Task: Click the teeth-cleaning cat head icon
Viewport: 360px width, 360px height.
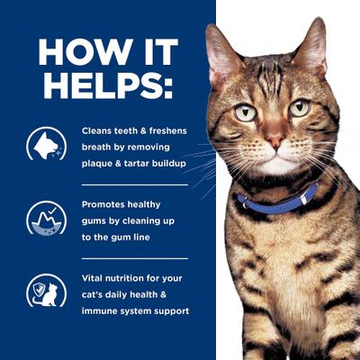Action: pos(43,144)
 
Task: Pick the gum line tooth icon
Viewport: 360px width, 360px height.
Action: pos(43,217)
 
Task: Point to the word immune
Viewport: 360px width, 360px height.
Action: pos(98,310)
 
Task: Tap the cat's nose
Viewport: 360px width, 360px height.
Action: pos(274,143)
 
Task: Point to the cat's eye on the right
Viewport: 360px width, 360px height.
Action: pos(299,107)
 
